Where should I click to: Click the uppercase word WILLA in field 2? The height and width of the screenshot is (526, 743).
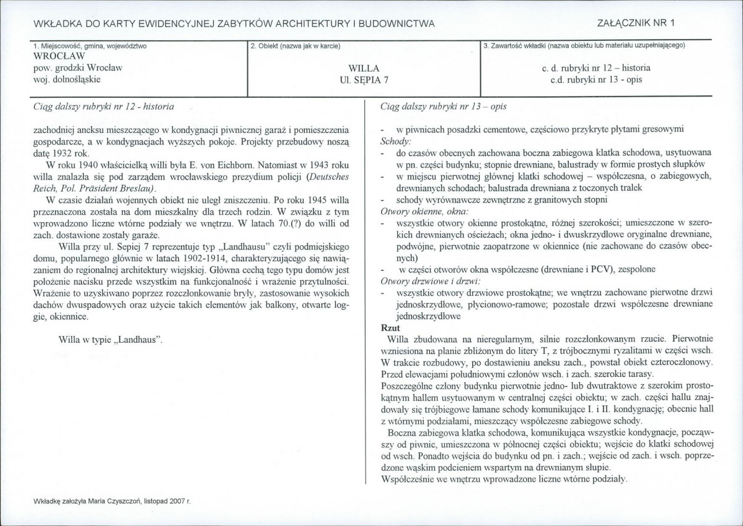coord(363,68)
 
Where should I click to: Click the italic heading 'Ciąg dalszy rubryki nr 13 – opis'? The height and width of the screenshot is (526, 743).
coord(443,106)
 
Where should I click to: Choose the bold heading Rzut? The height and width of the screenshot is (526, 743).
coord(390,327)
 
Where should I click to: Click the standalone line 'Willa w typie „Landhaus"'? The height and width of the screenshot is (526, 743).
coord(110,340)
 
